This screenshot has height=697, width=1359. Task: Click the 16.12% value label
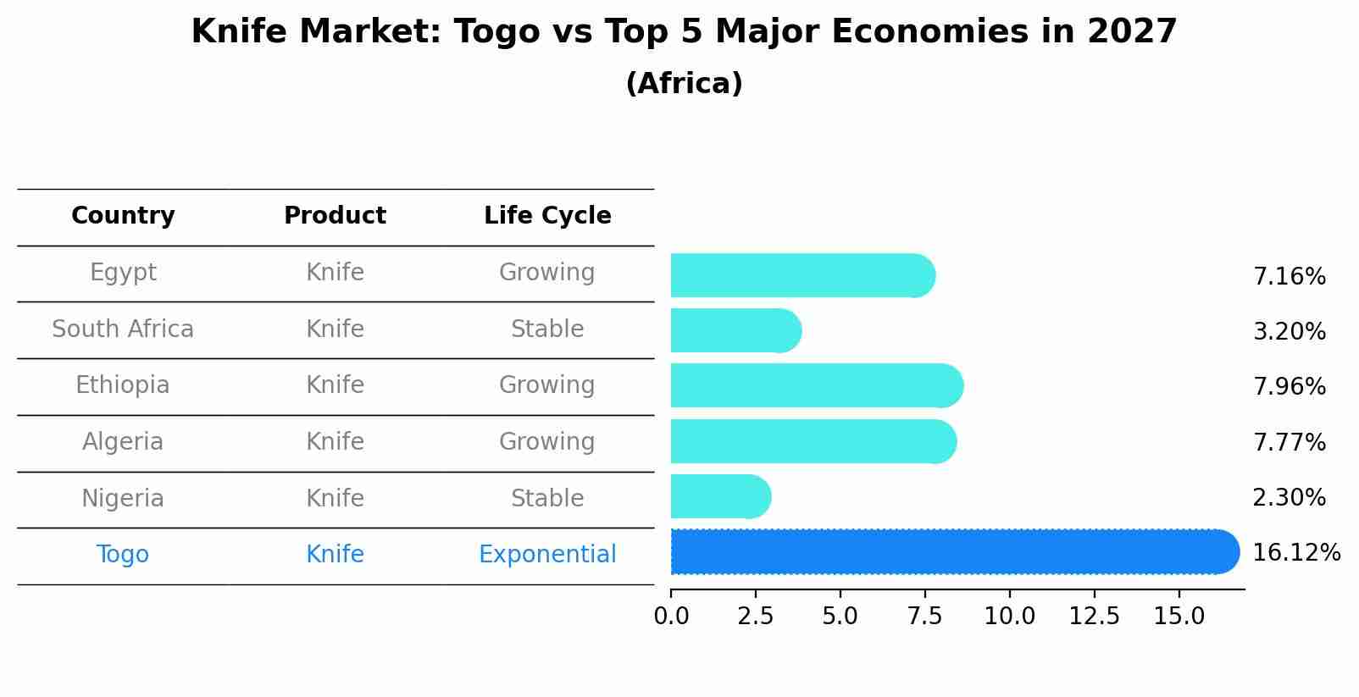(x=1295, y=553)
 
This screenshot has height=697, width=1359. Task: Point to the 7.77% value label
(x=1289, y=442)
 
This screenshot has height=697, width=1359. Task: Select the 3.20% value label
(x=1289, y=332)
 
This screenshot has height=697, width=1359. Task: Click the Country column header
(x=123, y=216)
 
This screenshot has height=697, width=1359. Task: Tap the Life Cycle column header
(x=547, y=216)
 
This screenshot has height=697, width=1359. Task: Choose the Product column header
(x=335, y=216)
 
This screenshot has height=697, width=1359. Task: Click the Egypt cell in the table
(x=123, y=273)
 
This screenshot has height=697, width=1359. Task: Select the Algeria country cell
(x=123, y=442)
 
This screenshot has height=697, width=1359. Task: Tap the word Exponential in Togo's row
(x=547, y=555)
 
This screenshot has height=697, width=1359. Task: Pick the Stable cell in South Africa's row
(x=547, y=329)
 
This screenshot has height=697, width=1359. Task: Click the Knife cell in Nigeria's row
(x=335, y=499)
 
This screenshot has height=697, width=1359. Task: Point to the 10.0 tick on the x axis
(x=1009, y=617)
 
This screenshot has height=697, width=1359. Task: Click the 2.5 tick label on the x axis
(x=755, y=617)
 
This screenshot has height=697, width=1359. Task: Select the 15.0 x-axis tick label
(x=1179, y=617)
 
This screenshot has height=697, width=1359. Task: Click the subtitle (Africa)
(x=684, y=84)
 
